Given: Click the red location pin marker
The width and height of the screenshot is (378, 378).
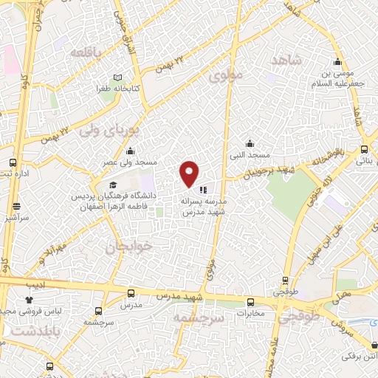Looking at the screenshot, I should (x=190, y=173).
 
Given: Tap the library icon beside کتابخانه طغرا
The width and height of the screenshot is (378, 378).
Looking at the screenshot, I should (x=119, y=77).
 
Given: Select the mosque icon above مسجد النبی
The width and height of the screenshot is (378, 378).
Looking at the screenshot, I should (x=250, y=143).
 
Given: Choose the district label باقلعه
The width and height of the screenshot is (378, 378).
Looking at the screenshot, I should (x=89, y=52).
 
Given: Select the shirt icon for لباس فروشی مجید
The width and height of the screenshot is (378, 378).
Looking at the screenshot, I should (x=30, y=300).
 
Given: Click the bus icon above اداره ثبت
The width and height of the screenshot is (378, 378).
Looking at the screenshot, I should (x=13, y=162).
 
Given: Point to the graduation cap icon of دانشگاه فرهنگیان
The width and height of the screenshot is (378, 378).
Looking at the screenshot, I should (x=112, y=185).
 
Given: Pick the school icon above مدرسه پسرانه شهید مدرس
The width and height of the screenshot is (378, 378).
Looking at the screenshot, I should (x=203, y=189).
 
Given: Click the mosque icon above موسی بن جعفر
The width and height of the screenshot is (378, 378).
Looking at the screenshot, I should (x=337, y=61).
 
